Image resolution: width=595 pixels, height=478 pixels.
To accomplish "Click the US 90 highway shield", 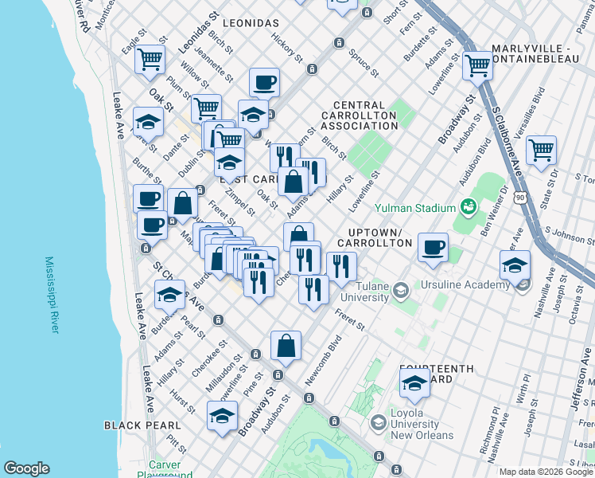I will click(519, 196).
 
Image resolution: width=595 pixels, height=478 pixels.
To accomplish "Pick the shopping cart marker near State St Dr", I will click(541, 149).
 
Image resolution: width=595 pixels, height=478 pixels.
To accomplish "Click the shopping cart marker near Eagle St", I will click(150, 59).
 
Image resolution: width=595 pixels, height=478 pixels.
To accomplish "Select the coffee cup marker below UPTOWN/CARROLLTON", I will click(433, 247).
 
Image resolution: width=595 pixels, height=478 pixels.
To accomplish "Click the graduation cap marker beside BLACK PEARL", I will click(223, 415).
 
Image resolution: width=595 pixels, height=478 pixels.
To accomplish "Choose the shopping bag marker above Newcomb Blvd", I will click(286, 345).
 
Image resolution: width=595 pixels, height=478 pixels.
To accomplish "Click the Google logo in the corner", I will click(26, 468).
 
